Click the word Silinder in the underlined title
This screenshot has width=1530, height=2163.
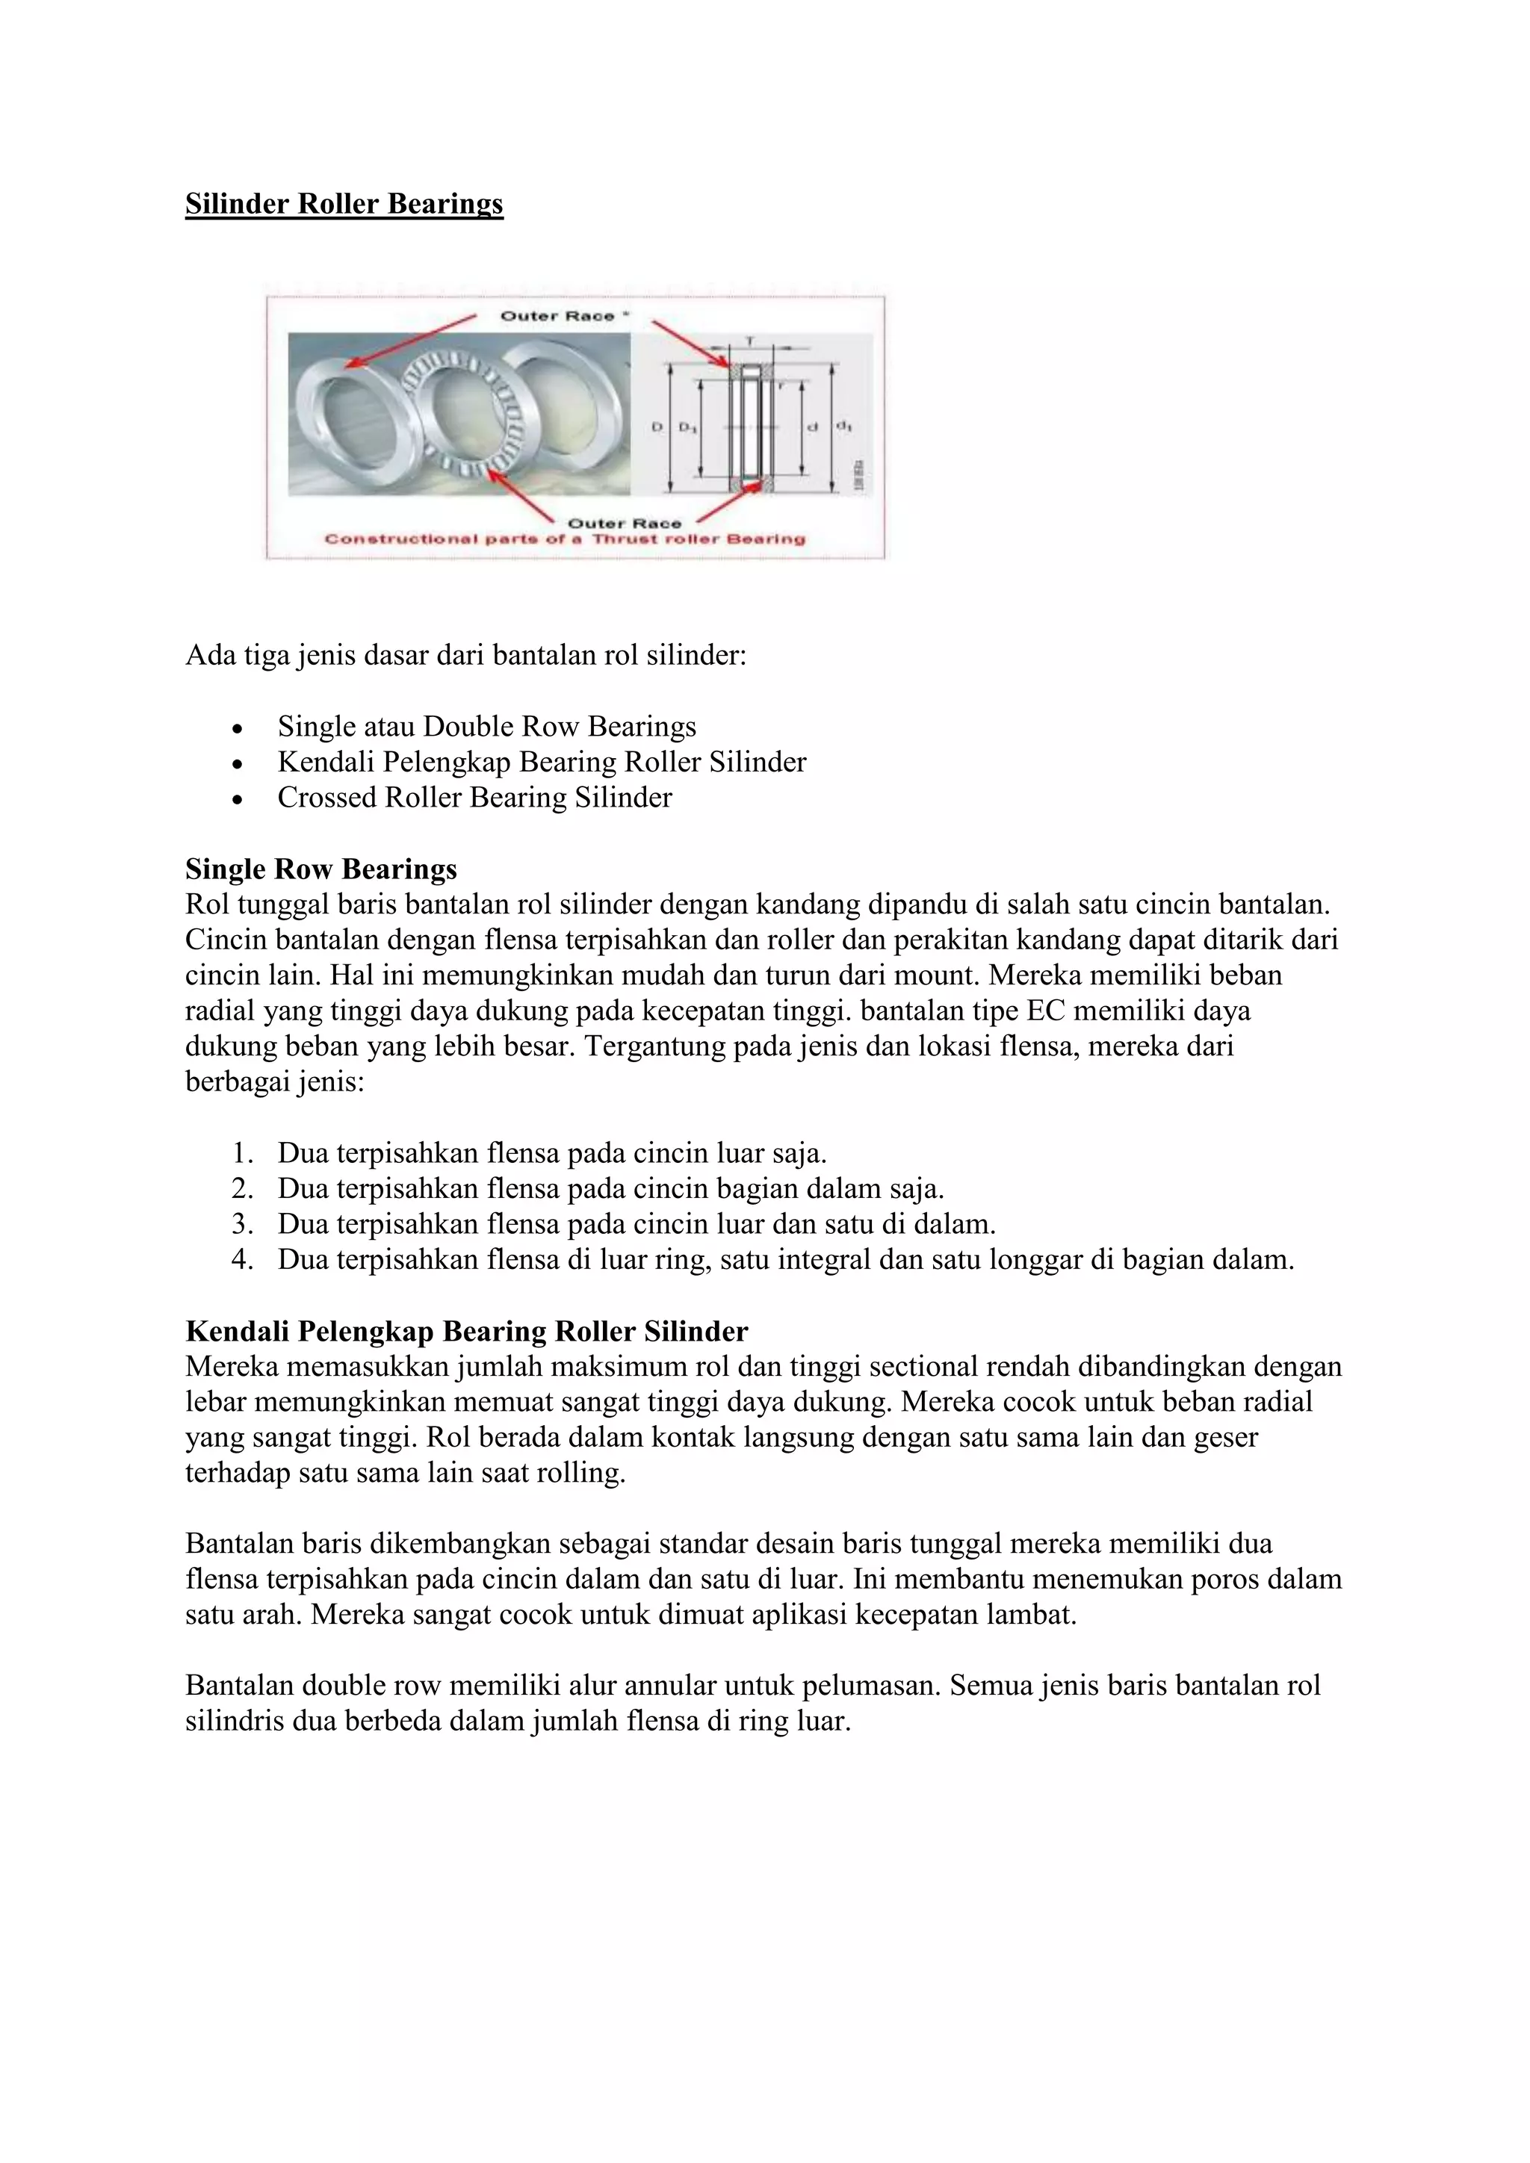tap(238, 205)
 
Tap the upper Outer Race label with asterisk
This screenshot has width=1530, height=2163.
tap(563, 317)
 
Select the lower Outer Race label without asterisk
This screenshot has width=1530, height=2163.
tap(624, 523)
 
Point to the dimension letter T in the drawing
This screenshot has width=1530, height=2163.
tap(750, 340)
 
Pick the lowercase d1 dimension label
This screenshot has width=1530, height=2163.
tap(844, 426)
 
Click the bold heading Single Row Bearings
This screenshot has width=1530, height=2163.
tap(321, 868)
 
